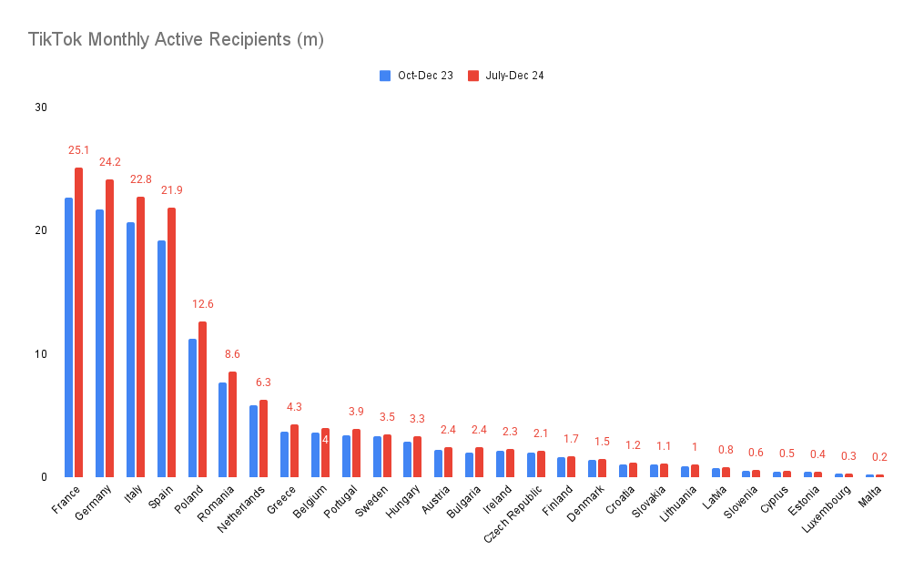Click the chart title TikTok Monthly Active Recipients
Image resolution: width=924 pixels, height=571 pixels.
point(176,40)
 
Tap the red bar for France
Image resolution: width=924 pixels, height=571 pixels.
point(79,322)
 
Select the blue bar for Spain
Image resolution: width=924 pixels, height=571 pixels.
point(161,359)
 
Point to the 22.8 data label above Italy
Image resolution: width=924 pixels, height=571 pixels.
point(140,179)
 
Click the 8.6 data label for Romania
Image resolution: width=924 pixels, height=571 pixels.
point(233,353)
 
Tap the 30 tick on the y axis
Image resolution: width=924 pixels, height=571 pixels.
point(41,107)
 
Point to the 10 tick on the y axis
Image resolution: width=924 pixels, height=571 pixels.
point(41,353)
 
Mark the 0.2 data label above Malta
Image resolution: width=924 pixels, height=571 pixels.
point(879,457)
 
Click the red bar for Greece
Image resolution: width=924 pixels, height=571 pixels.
point(294,451)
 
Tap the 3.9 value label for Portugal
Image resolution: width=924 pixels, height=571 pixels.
point(356,412)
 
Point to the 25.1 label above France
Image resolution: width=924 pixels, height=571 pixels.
point(78,150)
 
